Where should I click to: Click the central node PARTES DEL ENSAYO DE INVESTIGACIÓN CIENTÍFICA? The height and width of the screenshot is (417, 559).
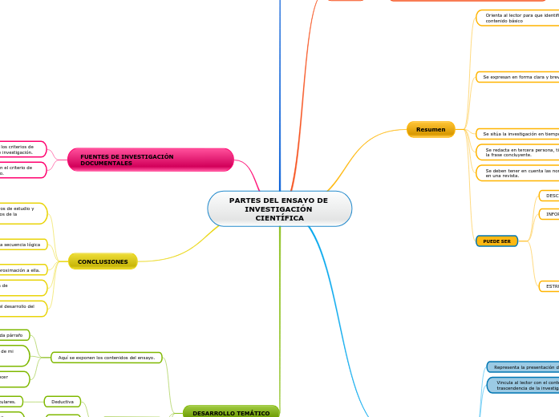point(279,208)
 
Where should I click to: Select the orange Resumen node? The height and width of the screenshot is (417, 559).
point(431,129)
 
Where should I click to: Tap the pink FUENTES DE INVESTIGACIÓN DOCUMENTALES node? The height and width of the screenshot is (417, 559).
point(150,160)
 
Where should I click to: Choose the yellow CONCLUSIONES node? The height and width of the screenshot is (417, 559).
point(103,261)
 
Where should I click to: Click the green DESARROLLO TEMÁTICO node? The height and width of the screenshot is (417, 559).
point(231,412)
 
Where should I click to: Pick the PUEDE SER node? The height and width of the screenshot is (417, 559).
point(496,241)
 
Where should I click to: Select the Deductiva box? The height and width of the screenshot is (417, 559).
point(62,401)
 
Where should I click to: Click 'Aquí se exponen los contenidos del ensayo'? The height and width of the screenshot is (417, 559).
point(107,357)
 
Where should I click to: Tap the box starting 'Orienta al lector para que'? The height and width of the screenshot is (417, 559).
point(518,18)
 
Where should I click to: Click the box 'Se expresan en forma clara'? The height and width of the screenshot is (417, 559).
point(518,77)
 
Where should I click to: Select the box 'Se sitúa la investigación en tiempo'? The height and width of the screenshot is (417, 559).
point(518,134)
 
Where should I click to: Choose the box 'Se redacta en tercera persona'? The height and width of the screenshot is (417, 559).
point(518,152)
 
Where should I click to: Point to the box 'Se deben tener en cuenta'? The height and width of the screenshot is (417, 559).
point(518,172)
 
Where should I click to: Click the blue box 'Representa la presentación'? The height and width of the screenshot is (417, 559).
point(523,367)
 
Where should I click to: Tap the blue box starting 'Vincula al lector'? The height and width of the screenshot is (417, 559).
point(523,385)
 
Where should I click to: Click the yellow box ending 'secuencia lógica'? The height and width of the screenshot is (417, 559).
point(23,244)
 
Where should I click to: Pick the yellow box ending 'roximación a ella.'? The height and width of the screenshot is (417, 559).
point(23,269)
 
